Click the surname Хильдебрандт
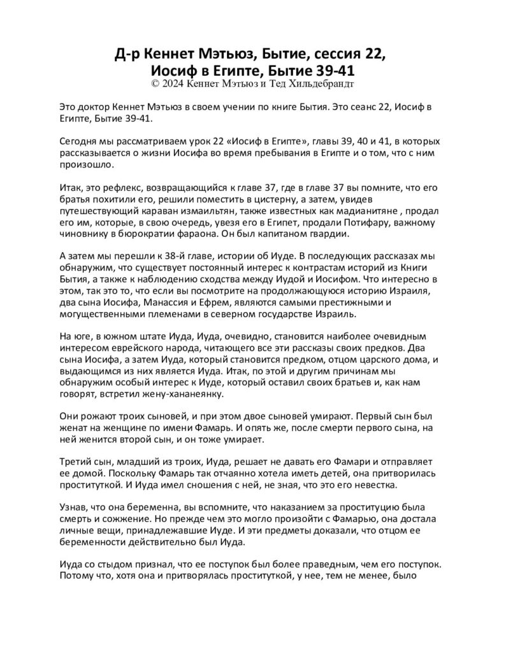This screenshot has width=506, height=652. (322, 83)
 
